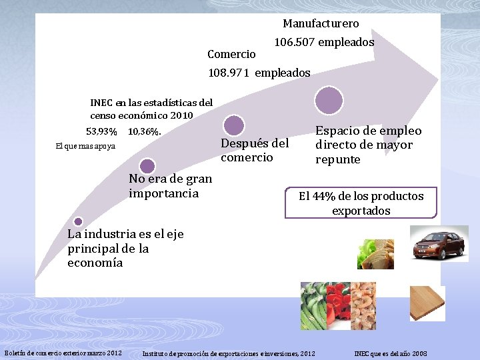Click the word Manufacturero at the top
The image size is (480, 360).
tap(321, 23)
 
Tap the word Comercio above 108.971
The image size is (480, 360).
tap(231, 54)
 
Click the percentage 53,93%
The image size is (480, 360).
tap(101, 131)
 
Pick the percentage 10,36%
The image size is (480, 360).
tap(144, 131)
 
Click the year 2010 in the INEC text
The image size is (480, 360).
tap(181, 115)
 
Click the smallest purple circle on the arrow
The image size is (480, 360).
tap(78, 221)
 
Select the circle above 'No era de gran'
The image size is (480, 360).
tap(148, 166)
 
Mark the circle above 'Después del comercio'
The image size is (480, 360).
tap(233, 125)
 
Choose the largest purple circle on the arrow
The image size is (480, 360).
tap(329, 101)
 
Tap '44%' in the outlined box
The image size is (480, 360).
tap(326, 196)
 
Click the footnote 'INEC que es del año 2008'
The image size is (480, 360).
tap(390, 353)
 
